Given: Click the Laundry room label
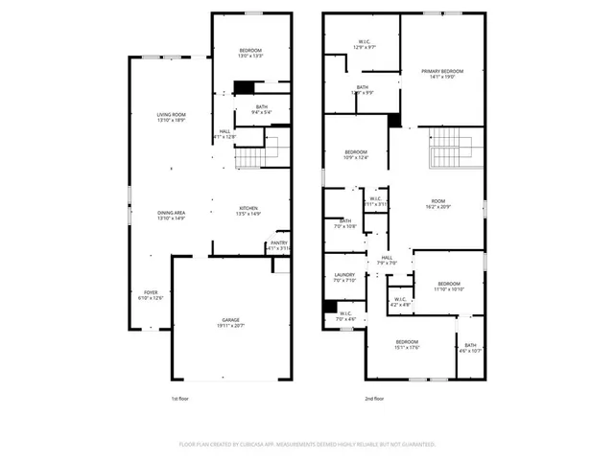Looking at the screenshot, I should click(343, 278).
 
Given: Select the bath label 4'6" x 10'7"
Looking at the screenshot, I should click(470, 348).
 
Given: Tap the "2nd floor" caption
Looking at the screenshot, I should click(374, 398).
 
